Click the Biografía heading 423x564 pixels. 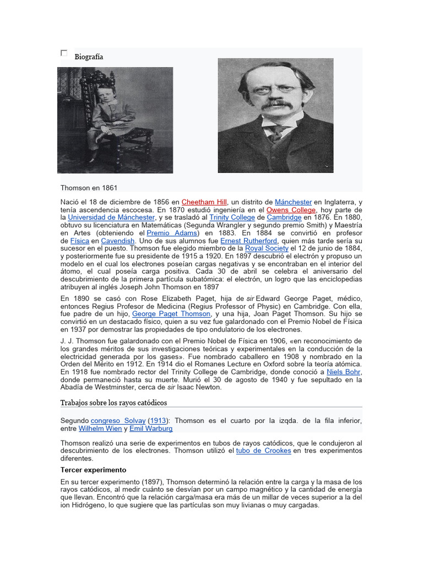pos(89,57)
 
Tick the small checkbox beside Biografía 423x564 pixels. pos(64,53)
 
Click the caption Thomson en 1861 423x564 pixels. pos(89,188)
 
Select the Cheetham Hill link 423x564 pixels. pos(204,202)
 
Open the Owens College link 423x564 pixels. pos(291,210)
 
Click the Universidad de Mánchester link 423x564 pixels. pos(111,218)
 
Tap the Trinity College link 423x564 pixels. pos(232,218)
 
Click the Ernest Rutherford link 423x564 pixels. pos(249,241)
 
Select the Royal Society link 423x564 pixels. pos(267,248)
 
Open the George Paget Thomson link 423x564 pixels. pos(171,314)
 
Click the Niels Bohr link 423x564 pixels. pos(344,372)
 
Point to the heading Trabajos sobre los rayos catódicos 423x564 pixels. pos(113,403)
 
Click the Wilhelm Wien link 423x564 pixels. pos(100,429)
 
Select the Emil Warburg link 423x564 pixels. pos(151,429)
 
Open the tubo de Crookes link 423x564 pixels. pos(263,451)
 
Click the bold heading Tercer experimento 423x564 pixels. pos(93,470)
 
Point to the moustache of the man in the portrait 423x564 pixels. pos(275,104)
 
